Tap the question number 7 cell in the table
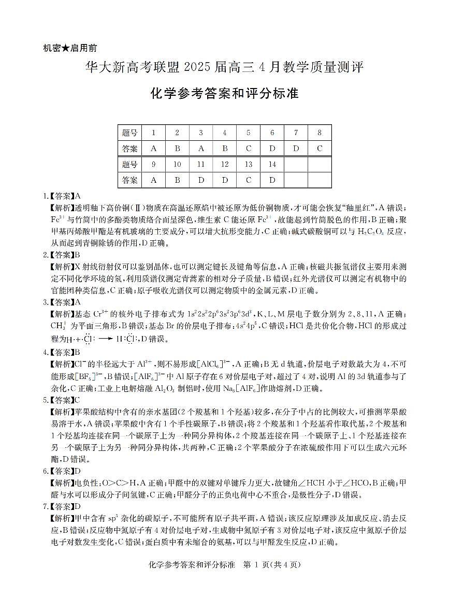click(x=296, y=133)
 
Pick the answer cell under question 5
click(x=248, y=149)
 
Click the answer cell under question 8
click(x=320, y=149)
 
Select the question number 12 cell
click(x=224, y=164)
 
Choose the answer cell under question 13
click(x=248, y=180)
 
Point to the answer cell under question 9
click(x=153, y=180)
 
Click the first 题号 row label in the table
click(x=130, y=133)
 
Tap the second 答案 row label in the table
click(x=130, y=180)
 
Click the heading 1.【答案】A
click(x=63, y=196)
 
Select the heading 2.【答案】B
click(x=63, y=255)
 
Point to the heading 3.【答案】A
click(x=63, y=302)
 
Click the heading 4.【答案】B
click(x=63, y=352)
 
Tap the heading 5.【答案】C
click(x=63, y=399)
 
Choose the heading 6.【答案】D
click(x=63, y=471)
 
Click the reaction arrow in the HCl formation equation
click(x=106, y=340)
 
